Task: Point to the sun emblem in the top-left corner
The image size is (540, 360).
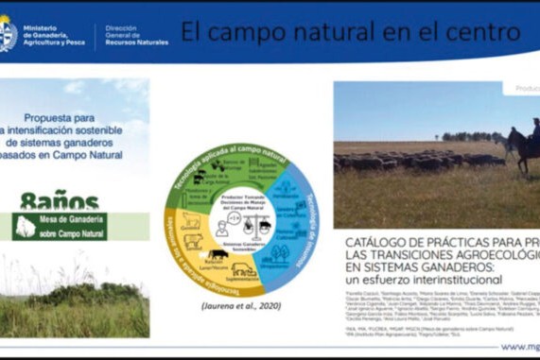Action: coord(8,33)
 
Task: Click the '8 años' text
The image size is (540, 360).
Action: coord(59,200)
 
